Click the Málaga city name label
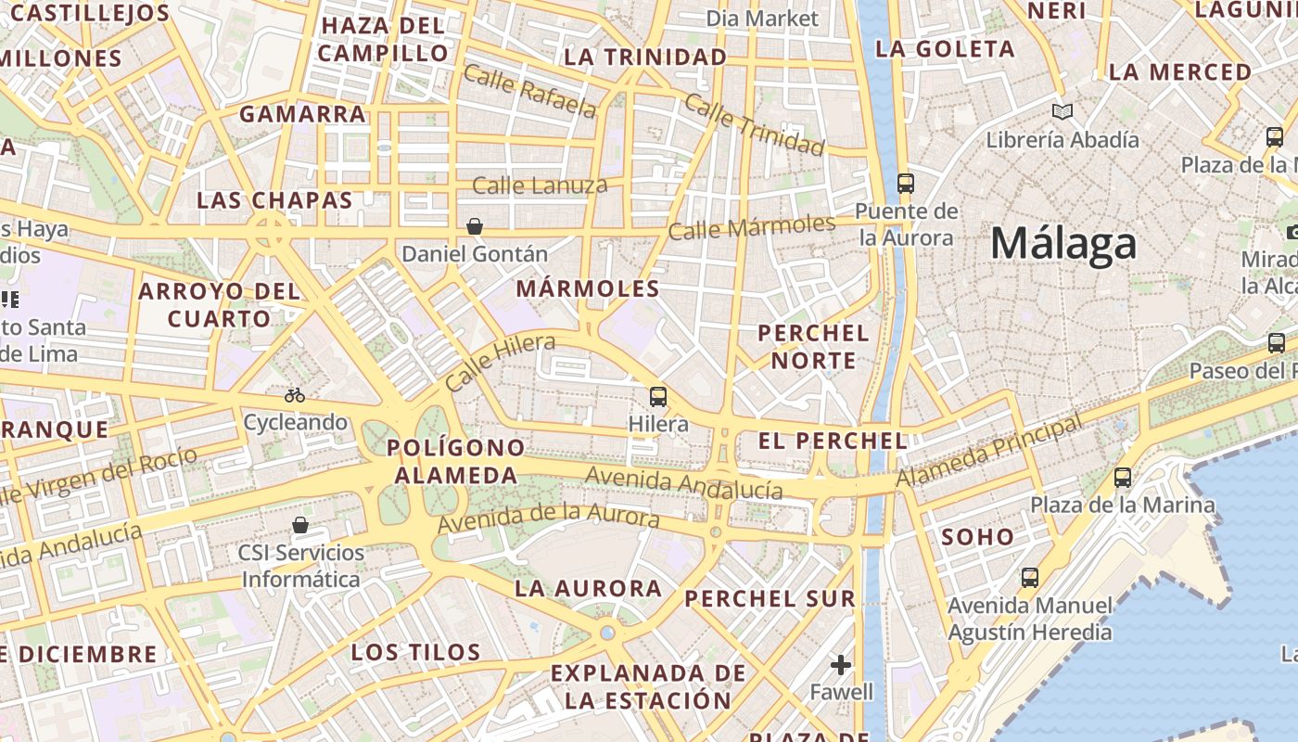[x=1063, y=244]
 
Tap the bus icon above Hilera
[x=658, y=397]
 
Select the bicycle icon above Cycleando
[x=295, y=395]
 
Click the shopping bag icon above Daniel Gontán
[x=475, y=226]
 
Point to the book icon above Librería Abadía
[x=1063, y=112]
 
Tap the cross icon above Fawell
[x=841, y=665]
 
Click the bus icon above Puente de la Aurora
[x=906, y=184]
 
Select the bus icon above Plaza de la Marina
[x=1123, y=478]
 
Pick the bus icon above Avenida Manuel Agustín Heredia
[x=1029, y=578]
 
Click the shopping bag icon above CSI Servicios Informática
[x=300, y=526]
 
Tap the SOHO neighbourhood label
[x=978, y=536]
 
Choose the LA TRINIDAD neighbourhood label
[x=645, y=58]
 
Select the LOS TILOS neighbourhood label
[x=416, y=652]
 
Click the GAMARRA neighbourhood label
[x=302, y=114]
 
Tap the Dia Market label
[x=762, y=19]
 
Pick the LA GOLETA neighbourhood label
[x=946, y=49]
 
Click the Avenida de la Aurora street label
[x=549, y=517]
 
